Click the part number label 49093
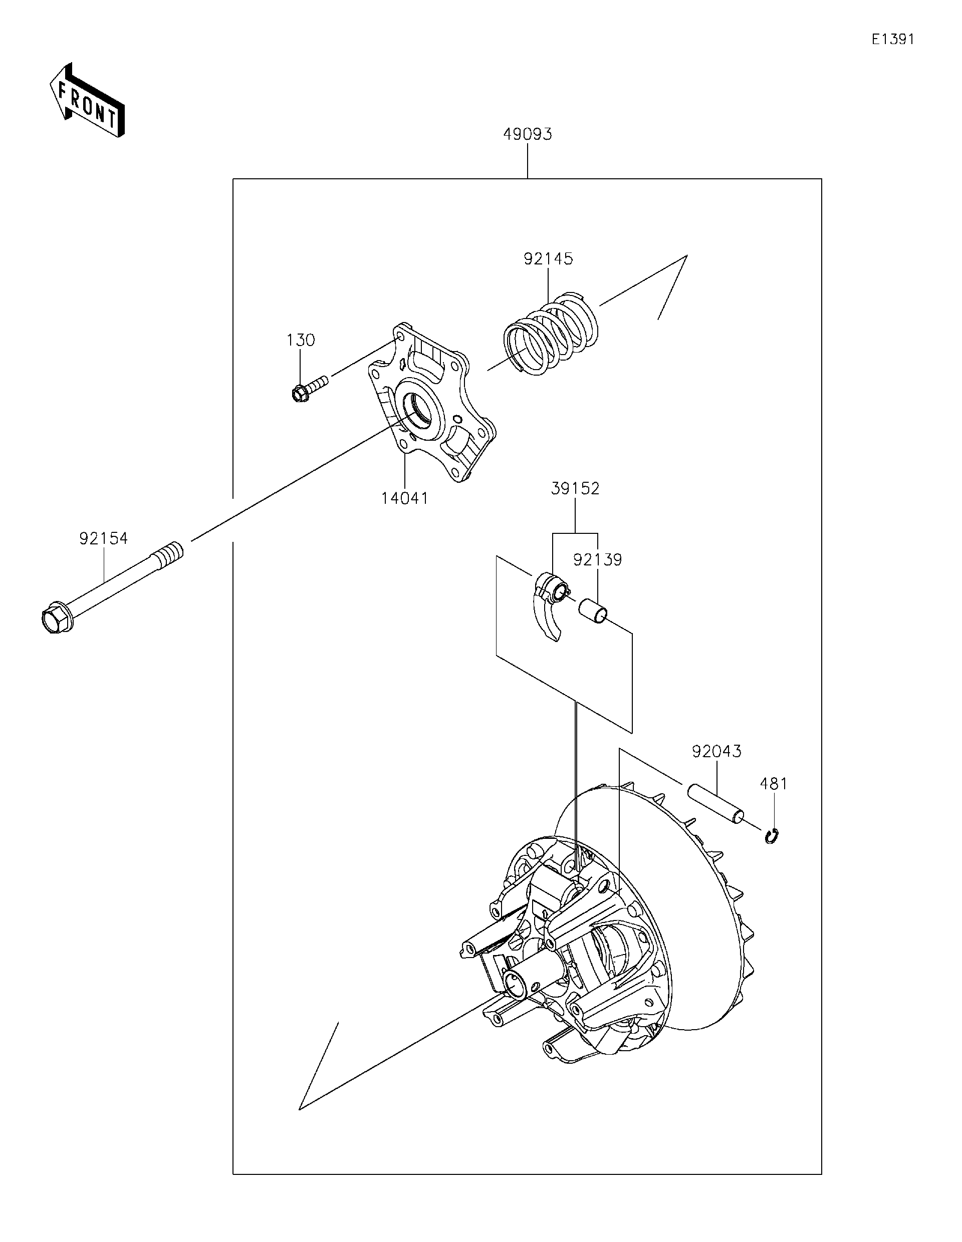pyautogui.click(x=528, y=134)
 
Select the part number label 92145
pyautogui.click(x=548, y=259)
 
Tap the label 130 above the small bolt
pyautogui.click(x=301, y=340)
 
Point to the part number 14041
pyautogui.click(x=404, y=498)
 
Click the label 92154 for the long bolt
pyautogui.click(x=104, y=538)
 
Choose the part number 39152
pyautogui.click(x=575, y=488)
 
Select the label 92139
pyautogui.click(x=597, y=559)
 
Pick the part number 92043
pyautogui.click(x=716, y=751)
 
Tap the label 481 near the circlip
pyautogui.click(x=774, y=784)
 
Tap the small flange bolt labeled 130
pyautogui.click(x=307, y=387)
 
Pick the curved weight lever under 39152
pyautogui.click(x=547, y=617)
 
